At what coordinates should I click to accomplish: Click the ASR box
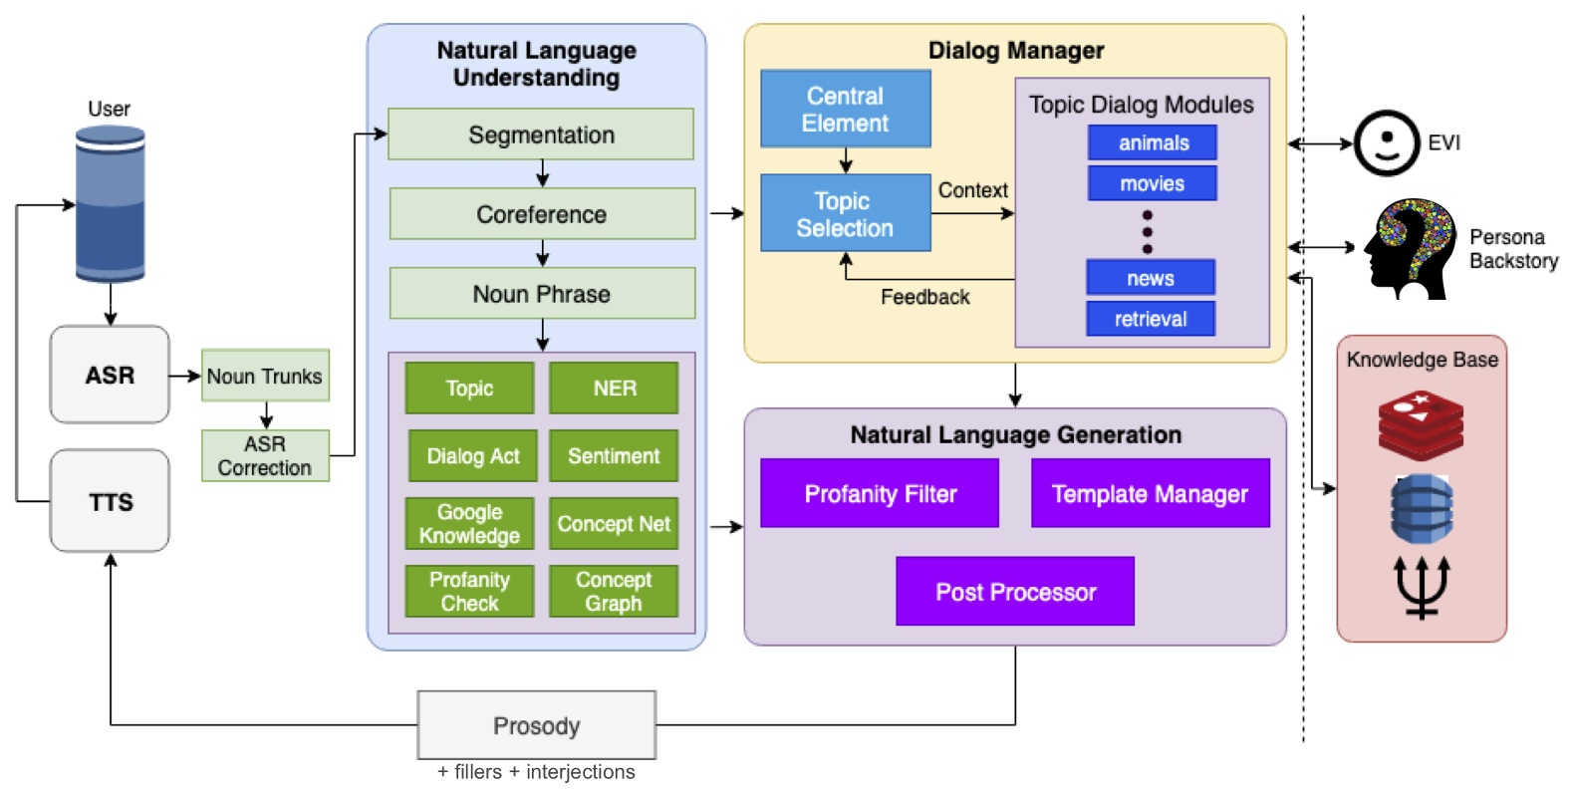coord(110,375)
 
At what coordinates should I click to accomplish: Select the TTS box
coord(110,501)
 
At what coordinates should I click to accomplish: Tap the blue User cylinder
coord(111,204)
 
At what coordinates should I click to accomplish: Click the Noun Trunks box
coord(265,376)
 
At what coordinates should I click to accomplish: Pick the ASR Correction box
coord(265,455)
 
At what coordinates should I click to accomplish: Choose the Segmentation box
coord(541,134)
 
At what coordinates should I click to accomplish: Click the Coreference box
coord(541,214)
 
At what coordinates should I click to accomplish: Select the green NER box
coord(614,388)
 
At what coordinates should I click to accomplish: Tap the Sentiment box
coord(614,455)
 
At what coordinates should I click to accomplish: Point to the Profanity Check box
coord(469,591)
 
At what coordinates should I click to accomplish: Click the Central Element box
coord(845,110)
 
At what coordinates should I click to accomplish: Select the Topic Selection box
coord(845,213)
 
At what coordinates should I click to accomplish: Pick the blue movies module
coord(1152,183)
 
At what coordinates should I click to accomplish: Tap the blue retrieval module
coord(1151,319)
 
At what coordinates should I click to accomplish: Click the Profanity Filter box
coord(880,493)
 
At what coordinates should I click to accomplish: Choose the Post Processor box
coord(1015,592)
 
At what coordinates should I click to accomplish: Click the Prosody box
coord(536,725)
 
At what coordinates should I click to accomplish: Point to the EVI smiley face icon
coord(1386,143)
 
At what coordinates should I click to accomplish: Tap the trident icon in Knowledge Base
coord(1422,587)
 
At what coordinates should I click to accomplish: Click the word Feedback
coord(924,297)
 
